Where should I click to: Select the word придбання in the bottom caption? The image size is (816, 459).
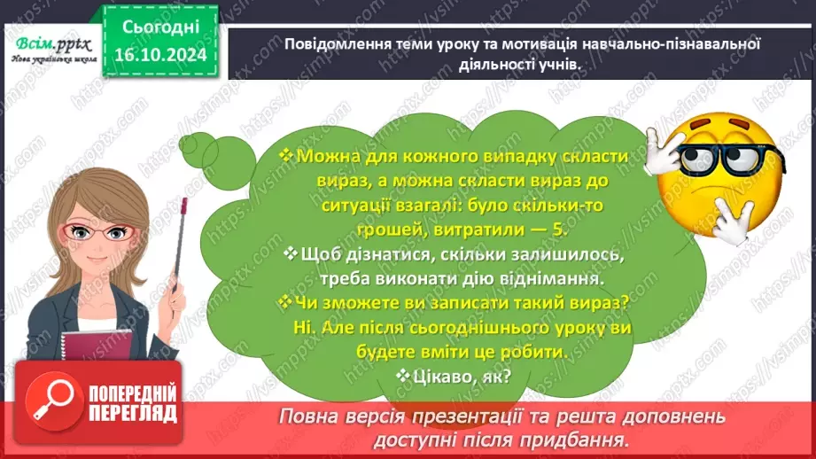coord(589,439)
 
